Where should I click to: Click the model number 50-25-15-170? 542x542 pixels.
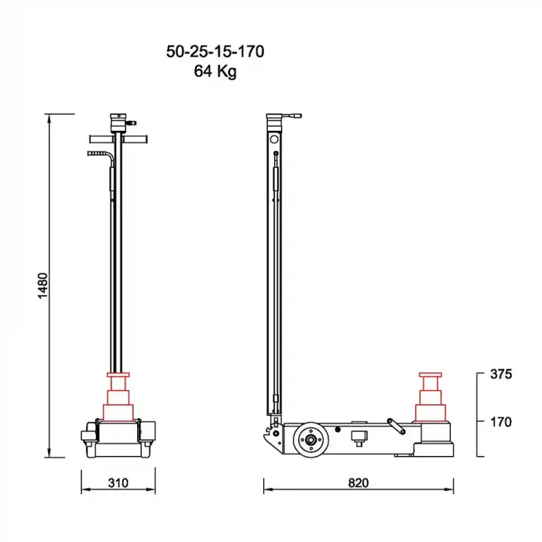click(215, 53)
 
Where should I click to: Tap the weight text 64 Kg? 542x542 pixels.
click(215, 73)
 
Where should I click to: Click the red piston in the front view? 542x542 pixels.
click(119, 399)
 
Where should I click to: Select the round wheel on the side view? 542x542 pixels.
click(310, 441)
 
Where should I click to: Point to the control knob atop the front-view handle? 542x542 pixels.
click(118, 121)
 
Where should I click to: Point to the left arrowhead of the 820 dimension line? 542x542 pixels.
click(266, 490)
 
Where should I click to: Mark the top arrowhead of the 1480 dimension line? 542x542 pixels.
click(50, 117)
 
